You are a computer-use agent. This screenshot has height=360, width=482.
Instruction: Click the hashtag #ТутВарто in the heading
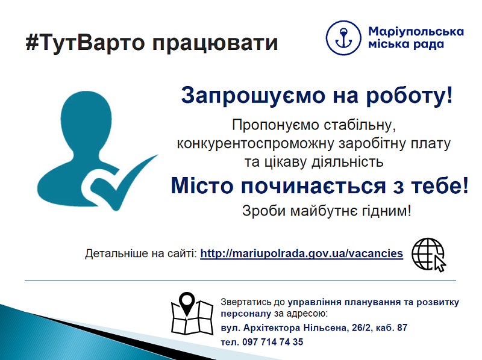(85, 43)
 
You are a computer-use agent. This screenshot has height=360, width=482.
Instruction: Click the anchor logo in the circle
(343, 38)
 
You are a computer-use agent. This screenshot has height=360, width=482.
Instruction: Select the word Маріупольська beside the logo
(416, 31)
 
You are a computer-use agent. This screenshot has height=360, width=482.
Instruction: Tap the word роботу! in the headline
(409, 96)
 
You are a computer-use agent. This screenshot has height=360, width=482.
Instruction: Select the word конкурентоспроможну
(255, 144)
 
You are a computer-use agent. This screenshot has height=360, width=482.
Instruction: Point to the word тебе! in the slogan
(440, 185)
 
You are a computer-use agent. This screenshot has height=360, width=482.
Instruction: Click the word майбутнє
(324, 211)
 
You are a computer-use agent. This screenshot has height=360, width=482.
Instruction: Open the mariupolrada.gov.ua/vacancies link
(302, 253)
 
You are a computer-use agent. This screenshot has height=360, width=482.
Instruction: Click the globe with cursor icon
(428, 255)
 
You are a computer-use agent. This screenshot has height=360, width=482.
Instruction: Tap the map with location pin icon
(192, 313)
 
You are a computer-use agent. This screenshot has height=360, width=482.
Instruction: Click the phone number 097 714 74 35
(273, 342)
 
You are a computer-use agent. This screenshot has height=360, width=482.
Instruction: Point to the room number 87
(402, 327)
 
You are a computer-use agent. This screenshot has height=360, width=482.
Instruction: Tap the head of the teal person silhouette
(86, 120)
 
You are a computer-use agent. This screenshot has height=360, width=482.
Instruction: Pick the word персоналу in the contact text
(246, 314)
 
